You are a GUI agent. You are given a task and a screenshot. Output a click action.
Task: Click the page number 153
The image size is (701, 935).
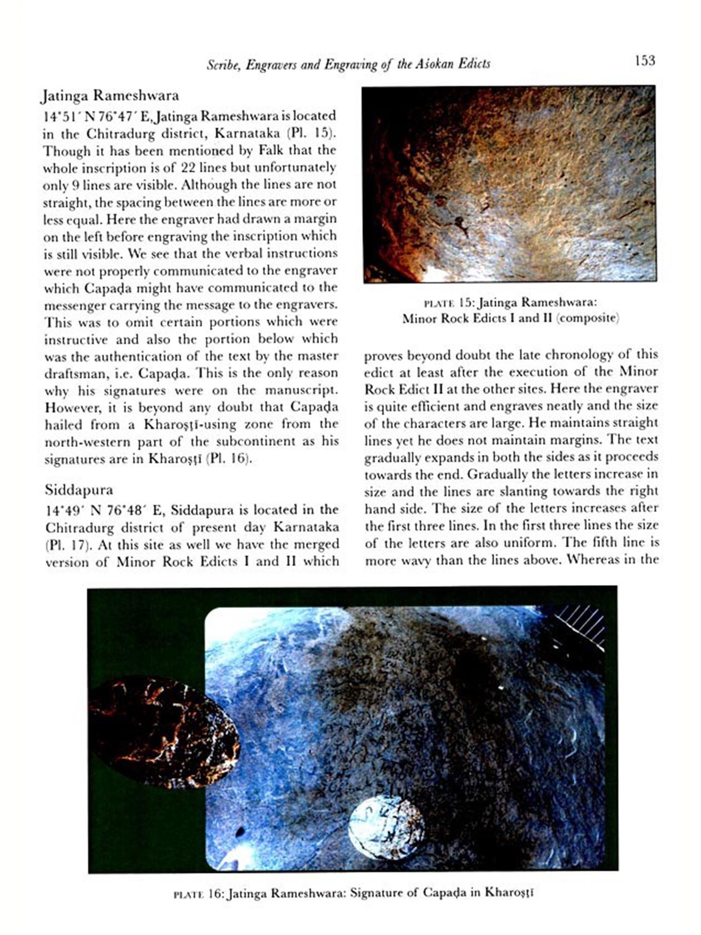[x=645, y=60]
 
